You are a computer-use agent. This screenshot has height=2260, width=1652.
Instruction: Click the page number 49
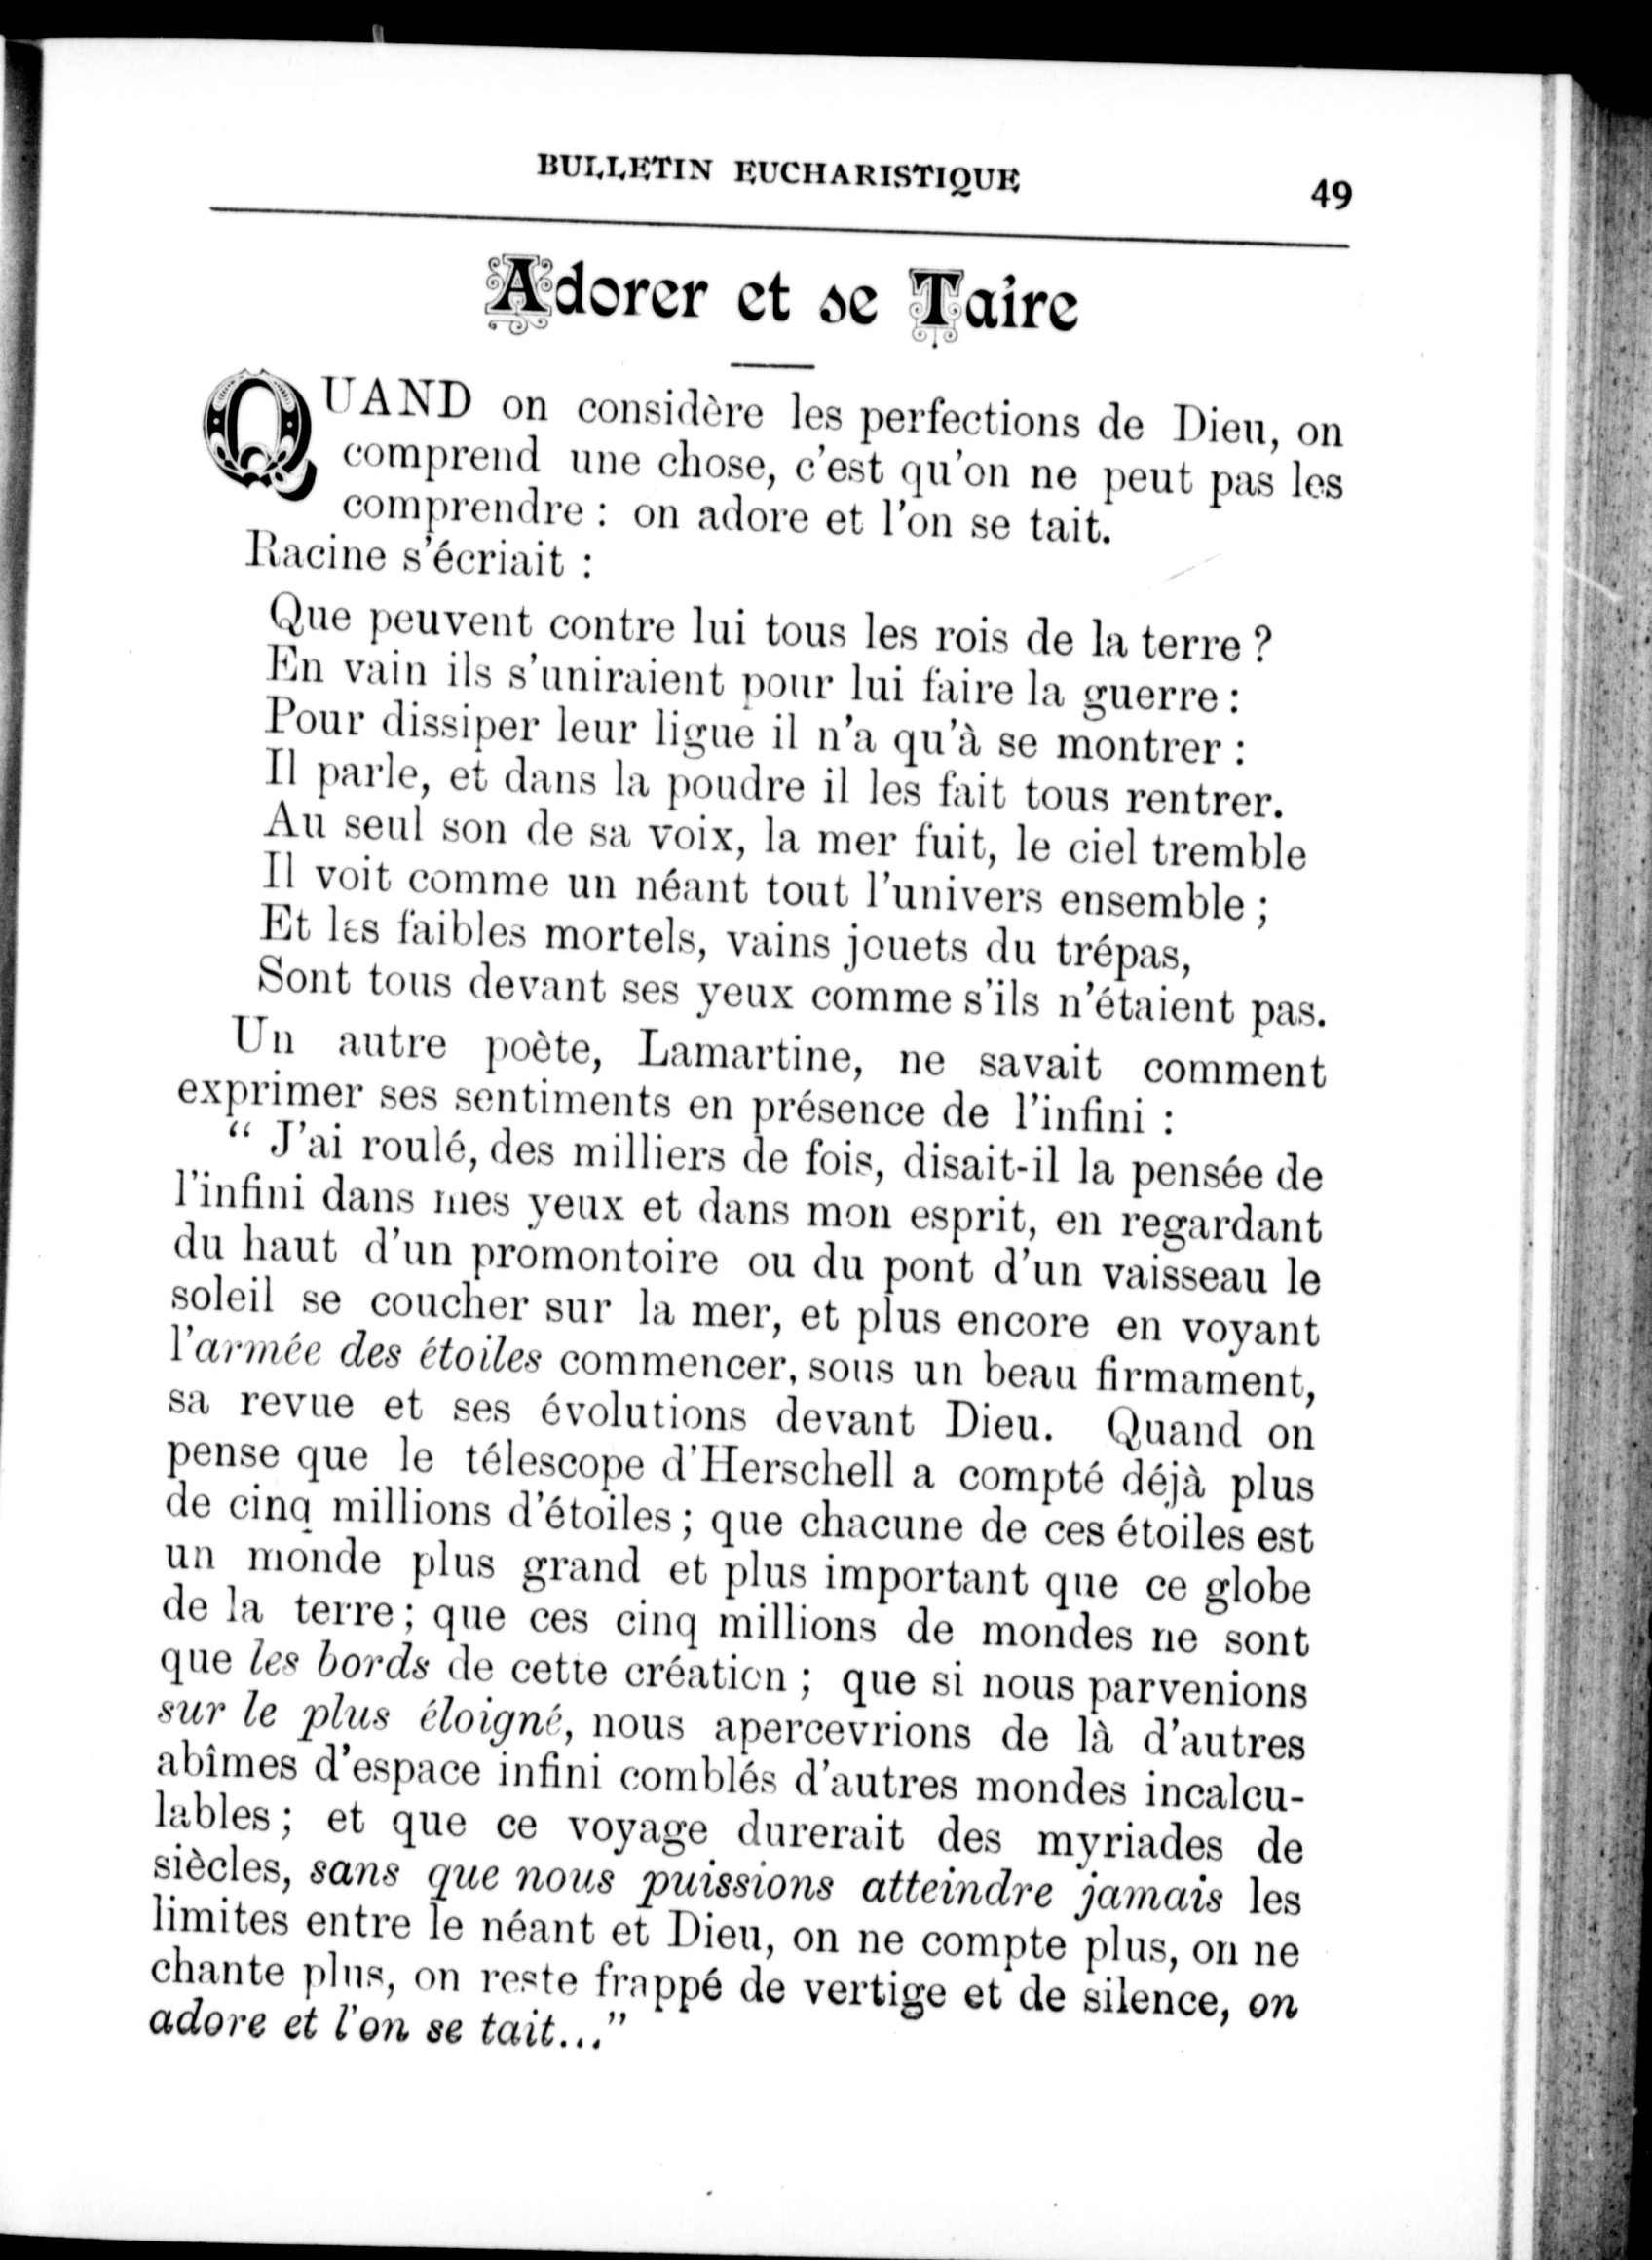click(x=1330, y=193)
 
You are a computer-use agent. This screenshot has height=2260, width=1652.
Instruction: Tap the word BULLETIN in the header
click(x=624, y=166)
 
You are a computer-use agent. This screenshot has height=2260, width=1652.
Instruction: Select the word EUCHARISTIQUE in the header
click(x=878, y=176)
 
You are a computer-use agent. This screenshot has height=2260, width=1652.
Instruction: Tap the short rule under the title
click(x=773, y=365)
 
